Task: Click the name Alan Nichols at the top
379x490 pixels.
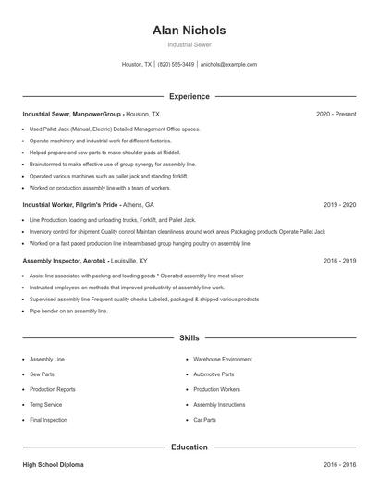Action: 189,31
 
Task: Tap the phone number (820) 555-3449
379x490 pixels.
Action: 176,65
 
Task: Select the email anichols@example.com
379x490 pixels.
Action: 228,65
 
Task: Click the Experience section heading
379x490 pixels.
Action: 189,96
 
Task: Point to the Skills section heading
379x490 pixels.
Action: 189,338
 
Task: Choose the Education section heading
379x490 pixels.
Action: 189,447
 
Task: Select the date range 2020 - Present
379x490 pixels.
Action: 336,114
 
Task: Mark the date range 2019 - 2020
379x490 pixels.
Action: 340,204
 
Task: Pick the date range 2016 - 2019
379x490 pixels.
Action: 340,261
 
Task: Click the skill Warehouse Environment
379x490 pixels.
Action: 222,359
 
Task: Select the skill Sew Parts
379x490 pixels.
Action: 43,374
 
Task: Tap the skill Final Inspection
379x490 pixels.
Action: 48,420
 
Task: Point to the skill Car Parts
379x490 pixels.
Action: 204,420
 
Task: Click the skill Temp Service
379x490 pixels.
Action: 45,405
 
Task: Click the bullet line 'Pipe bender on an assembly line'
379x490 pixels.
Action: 68,312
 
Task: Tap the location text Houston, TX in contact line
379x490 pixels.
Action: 136,65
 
